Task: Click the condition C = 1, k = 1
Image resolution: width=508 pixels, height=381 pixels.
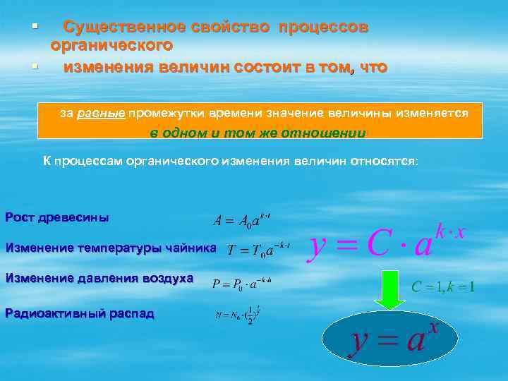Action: (x=443, y=288)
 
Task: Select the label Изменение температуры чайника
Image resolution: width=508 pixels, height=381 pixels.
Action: (x=111, y=248)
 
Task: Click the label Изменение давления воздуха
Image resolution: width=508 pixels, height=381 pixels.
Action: (x=99, y=278)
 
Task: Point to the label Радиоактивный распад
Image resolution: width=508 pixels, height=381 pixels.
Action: (x=79, y=313)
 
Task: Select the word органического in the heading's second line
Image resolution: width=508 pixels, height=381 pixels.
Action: (x=111, y=46)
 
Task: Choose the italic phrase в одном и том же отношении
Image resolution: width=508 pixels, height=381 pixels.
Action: (x=258, y=133)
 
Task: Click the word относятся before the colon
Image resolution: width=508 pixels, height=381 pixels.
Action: (x=384, y=161)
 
